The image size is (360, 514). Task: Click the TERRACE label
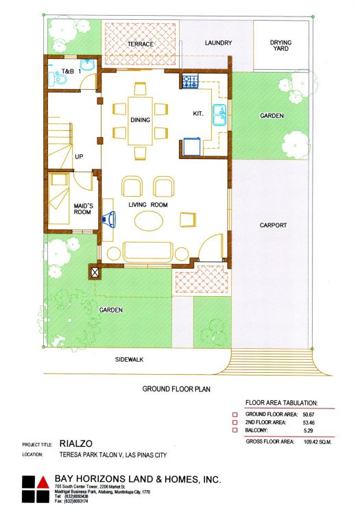141,44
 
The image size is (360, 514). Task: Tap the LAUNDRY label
218,43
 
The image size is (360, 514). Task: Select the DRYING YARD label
280,45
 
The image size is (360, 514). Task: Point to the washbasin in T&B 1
88,64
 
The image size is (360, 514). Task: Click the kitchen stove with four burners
191,82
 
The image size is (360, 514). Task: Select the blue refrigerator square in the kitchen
192,147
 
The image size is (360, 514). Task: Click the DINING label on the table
141,120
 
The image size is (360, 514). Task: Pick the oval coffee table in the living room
149,221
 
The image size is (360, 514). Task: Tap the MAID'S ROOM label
83,209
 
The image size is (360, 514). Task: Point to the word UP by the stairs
79,157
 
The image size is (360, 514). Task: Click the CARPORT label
273,225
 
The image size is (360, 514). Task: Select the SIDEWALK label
129,360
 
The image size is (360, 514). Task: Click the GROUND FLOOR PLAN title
176,389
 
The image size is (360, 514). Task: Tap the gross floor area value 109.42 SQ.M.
317,442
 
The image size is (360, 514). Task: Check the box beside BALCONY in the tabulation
235,430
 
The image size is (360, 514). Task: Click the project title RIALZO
75,444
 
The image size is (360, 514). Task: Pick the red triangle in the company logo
43,482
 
